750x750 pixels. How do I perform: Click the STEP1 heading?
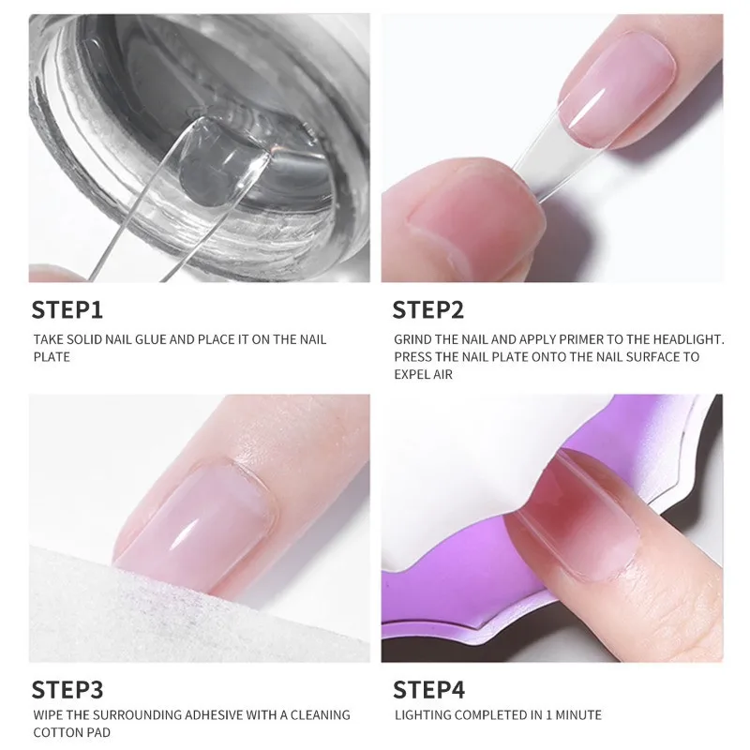coord(67,310)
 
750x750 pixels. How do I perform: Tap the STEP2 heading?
coord(427,310)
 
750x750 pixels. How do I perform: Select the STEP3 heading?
coord(67,690)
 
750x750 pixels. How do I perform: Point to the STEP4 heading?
coord(428,690)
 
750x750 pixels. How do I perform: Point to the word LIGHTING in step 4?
coord(423,715)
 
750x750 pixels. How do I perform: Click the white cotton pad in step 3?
coord(169,600)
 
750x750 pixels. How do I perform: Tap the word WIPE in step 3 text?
coord(50,715)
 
